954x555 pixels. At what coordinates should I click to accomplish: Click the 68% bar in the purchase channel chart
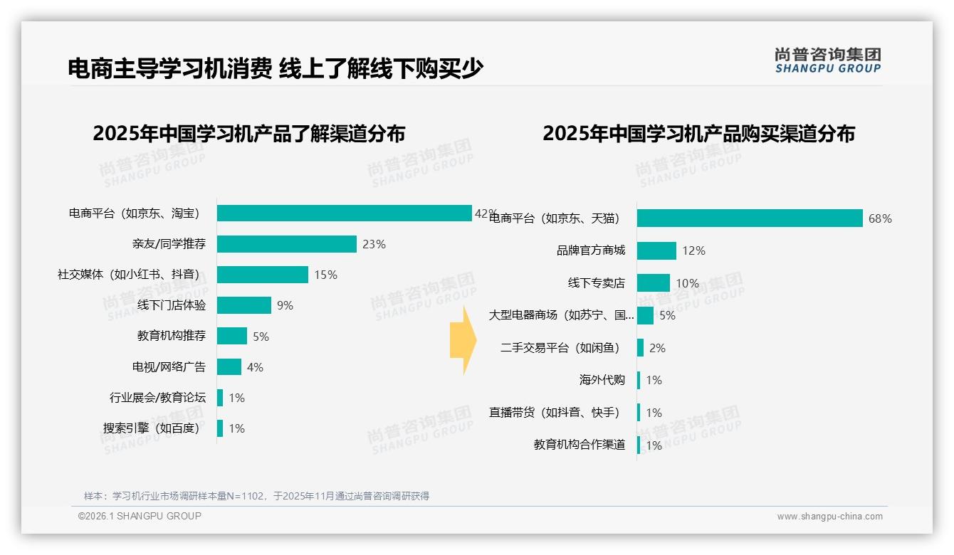click(749, 218)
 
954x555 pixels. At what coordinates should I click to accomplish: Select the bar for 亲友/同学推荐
click(286, 244)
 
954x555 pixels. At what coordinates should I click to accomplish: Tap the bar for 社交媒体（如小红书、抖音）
click(262, 275)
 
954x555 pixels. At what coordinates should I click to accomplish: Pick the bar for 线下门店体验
click(243, 305)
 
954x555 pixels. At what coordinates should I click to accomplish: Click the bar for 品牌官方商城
click(656, 250)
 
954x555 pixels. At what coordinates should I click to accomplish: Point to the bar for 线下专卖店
click(653, 283)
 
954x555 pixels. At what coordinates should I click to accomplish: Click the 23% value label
click(374, 244)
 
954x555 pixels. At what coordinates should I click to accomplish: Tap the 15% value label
click(325, 275)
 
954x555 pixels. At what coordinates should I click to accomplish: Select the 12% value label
click(693, 250)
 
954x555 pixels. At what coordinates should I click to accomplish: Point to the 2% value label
click(657, 348)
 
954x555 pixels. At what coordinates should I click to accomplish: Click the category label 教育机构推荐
click(171, 336)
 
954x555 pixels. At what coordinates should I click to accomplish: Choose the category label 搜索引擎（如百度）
click(152, 428)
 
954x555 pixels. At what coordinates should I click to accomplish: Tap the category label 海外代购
click(602, 380)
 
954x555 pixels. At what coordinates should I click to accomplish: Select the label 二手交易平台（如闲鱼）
click(561, 348)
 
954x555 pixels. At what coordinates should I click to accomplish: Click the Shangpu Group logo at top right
click(827, 60)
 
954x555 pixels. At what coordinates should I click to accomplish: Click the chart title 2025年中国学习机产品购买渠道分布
click(698, 134)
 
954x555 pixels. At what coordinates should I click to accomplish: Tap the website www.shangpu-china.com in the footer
click(829, 517)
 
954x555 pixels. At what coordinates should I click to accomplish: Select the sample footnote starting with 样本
click(256, 496)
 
